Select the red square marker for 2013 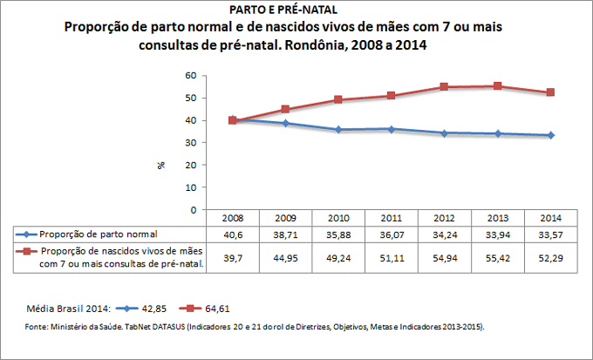point(497,85)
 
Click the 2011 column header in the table point(392,218)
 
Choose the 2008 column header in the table point(233,218)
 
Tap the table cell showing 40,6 point(233,234)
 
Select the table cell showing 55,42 point(497,258)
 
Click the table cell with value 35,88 point(338,234)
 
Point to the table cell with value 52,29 point(550,258)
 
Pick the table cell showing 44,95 point(285,258)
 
